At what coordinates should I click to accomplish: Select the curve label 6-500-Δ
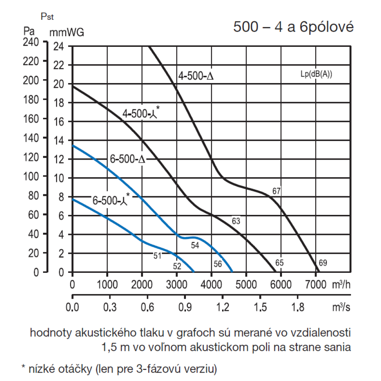[x=128, y=159]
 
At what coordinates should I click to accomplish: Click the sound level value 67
[x=277, y=191]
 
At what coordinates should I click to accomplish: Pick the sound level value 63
[x=236, y=221]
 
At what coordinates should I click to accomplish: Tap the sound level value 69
[x=323, y=263]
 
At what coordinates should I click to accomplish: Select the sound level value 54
[x=195, y=246]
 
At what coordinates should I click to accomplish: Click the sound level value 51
[x=158, y=256]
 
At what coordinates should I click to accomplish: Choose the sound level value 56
[x=218, y=263]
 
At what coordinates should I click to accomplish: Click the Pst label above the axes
[x=48, y=17]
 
